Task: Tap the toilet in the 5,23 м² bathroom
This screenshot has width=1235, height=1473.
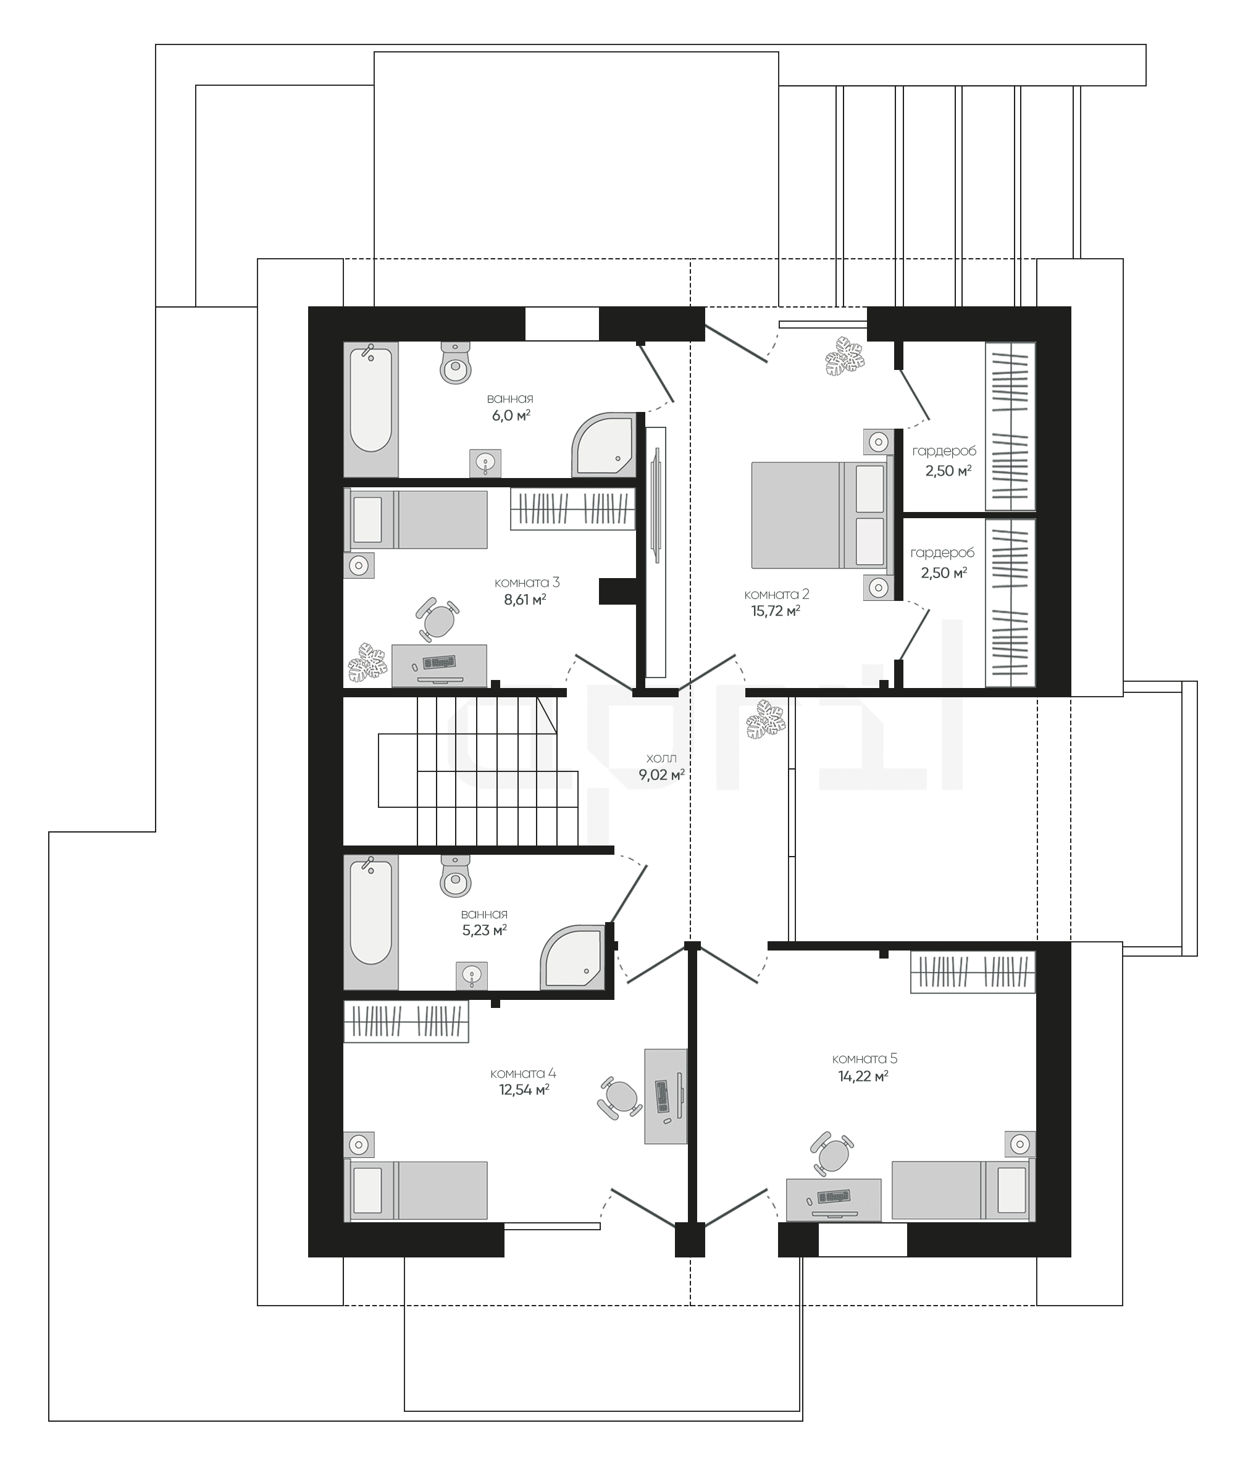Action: (x=456, y=876)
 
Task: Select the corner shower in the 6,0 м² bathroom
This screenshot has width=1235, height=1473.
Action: (x=604, y=445)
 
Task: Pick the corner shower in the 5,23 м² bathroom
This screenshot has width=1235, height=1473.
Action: (x=573, y=957)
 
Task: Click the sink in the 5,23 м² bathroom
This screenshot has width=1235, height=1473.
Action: (x=472, y=975)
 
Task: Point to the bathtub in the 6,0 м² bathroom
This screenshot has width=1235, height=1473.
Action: (x=371, y=409)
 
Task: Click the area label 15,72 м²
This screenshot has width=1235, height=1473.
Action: (x=776, y=611)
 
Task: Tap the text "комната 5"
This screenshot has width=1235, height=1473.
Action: (x=865, y=1059)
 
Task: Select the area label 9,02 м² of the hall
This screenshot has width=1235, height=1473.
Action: (x=661, y=775)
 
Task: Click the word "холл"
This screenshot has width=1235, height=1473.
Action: (x=661, y=758)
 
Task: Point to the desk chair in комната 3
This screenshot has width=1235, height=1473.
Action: (x=437, y=619)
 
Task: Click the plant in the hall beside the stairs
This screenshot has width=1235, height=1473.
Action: (x=766, y=720)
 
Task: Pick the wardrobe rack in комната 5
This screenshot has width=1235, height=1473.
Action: (x=973, y=972)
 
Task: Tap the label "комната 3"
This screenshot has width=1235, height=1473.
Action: (x=527, y=583)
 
